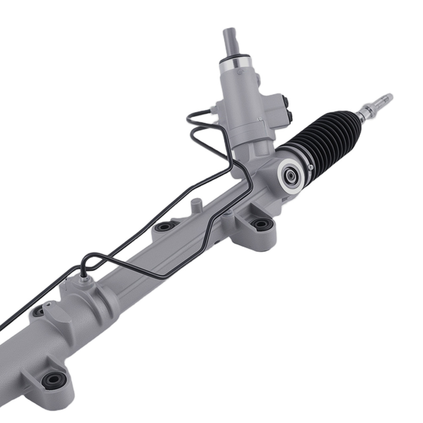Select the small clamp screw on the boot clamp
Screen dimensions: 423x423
pos(311,168)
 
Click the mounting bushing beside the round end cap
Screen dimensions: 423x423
pos(261,223)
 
